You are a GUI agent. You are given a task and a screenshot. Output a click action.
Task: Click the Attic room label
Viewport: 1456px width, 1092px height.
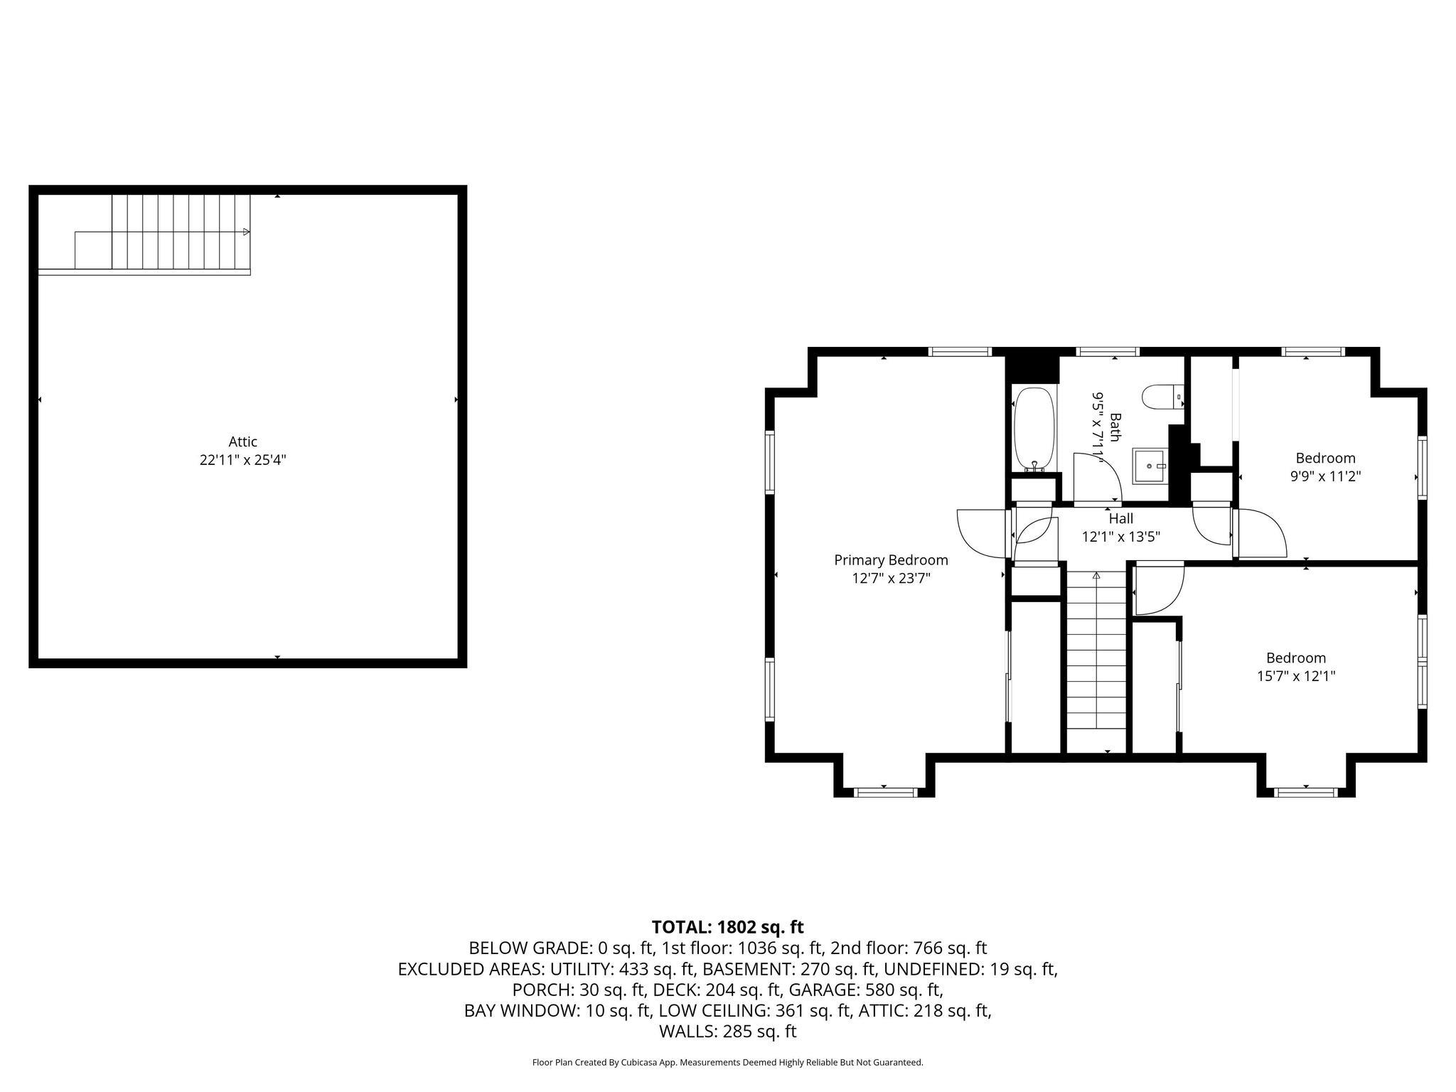(242, 441)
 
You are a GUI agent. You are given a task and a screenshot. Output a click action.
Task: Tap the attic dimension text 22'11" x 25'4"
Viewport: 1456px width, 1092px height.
(242, 460)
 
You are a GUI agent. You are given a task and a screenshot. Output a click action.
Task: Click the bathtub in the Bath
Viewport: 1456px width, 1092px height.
(1034, 429)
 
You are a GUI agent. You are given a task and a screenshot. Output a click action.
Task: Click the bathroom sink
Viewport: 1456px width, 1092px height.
(1150, 466)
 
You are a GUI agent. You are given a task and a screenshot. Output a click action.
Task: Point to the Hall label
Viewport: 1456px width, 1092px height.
(1120, 519)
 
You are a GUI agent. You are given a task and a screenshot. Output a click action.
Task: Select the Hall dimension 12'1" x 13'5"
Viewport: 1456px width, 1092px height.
(1120, 537)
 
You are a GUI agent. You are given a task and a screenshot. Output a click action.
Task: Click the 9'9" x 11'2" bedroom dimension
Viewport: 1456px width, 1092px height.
(1325, 476)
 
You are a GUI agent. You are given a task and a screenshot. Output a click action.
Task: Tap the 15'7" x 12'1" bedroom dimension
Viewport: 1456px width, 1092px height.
(1295, 676)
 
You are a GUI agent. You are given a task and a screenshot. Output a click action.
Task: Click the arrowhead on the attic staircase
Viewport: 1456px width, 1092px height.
(246, 232)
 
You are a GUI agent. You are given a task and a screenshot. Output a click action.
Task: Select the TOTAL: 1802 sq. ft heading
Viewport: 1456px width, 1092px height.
(727, 927)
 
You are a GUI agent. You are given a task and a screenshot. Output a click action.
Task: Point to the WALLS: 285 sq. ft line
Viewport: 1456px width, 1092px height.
(727, 1032)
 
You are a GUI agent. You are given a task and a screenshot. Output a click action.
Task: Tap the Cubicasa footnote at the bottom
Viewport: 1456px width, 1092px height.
(727, 1062)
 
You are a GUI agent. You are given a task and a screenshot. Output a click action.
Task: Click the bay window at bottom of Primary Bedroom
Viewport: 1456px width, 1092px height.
(884, 792)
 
